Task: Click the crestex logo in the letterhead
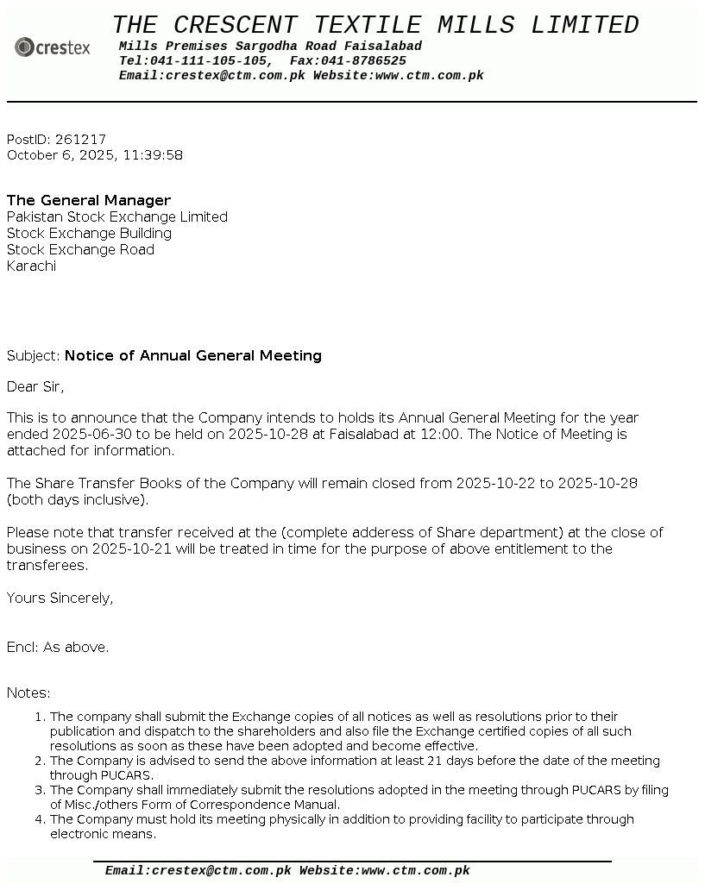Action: [x=53, y=47]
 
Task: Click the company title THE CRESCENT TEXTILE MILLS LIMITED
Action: [x=375, y=25]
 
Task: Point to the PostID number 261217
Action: [x=80, y=140]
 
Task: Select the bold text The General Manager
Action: [x=89, y=201]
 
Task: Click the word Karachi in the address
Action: [x=31, y=266]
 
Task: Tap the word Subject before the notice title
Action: [x=32, y=356]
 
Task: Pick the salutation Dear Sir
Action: [x=35, y=387]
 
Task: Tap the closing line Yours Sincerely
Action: [x=60, y=599]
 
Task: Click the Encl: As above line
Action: [x=58, y=648]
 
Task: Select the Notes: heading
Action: [x=28, y=693]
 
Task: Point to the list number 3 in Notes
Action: [x=40, y=791]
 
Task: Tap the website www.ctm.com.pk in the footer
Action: [x=415, y=871]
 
